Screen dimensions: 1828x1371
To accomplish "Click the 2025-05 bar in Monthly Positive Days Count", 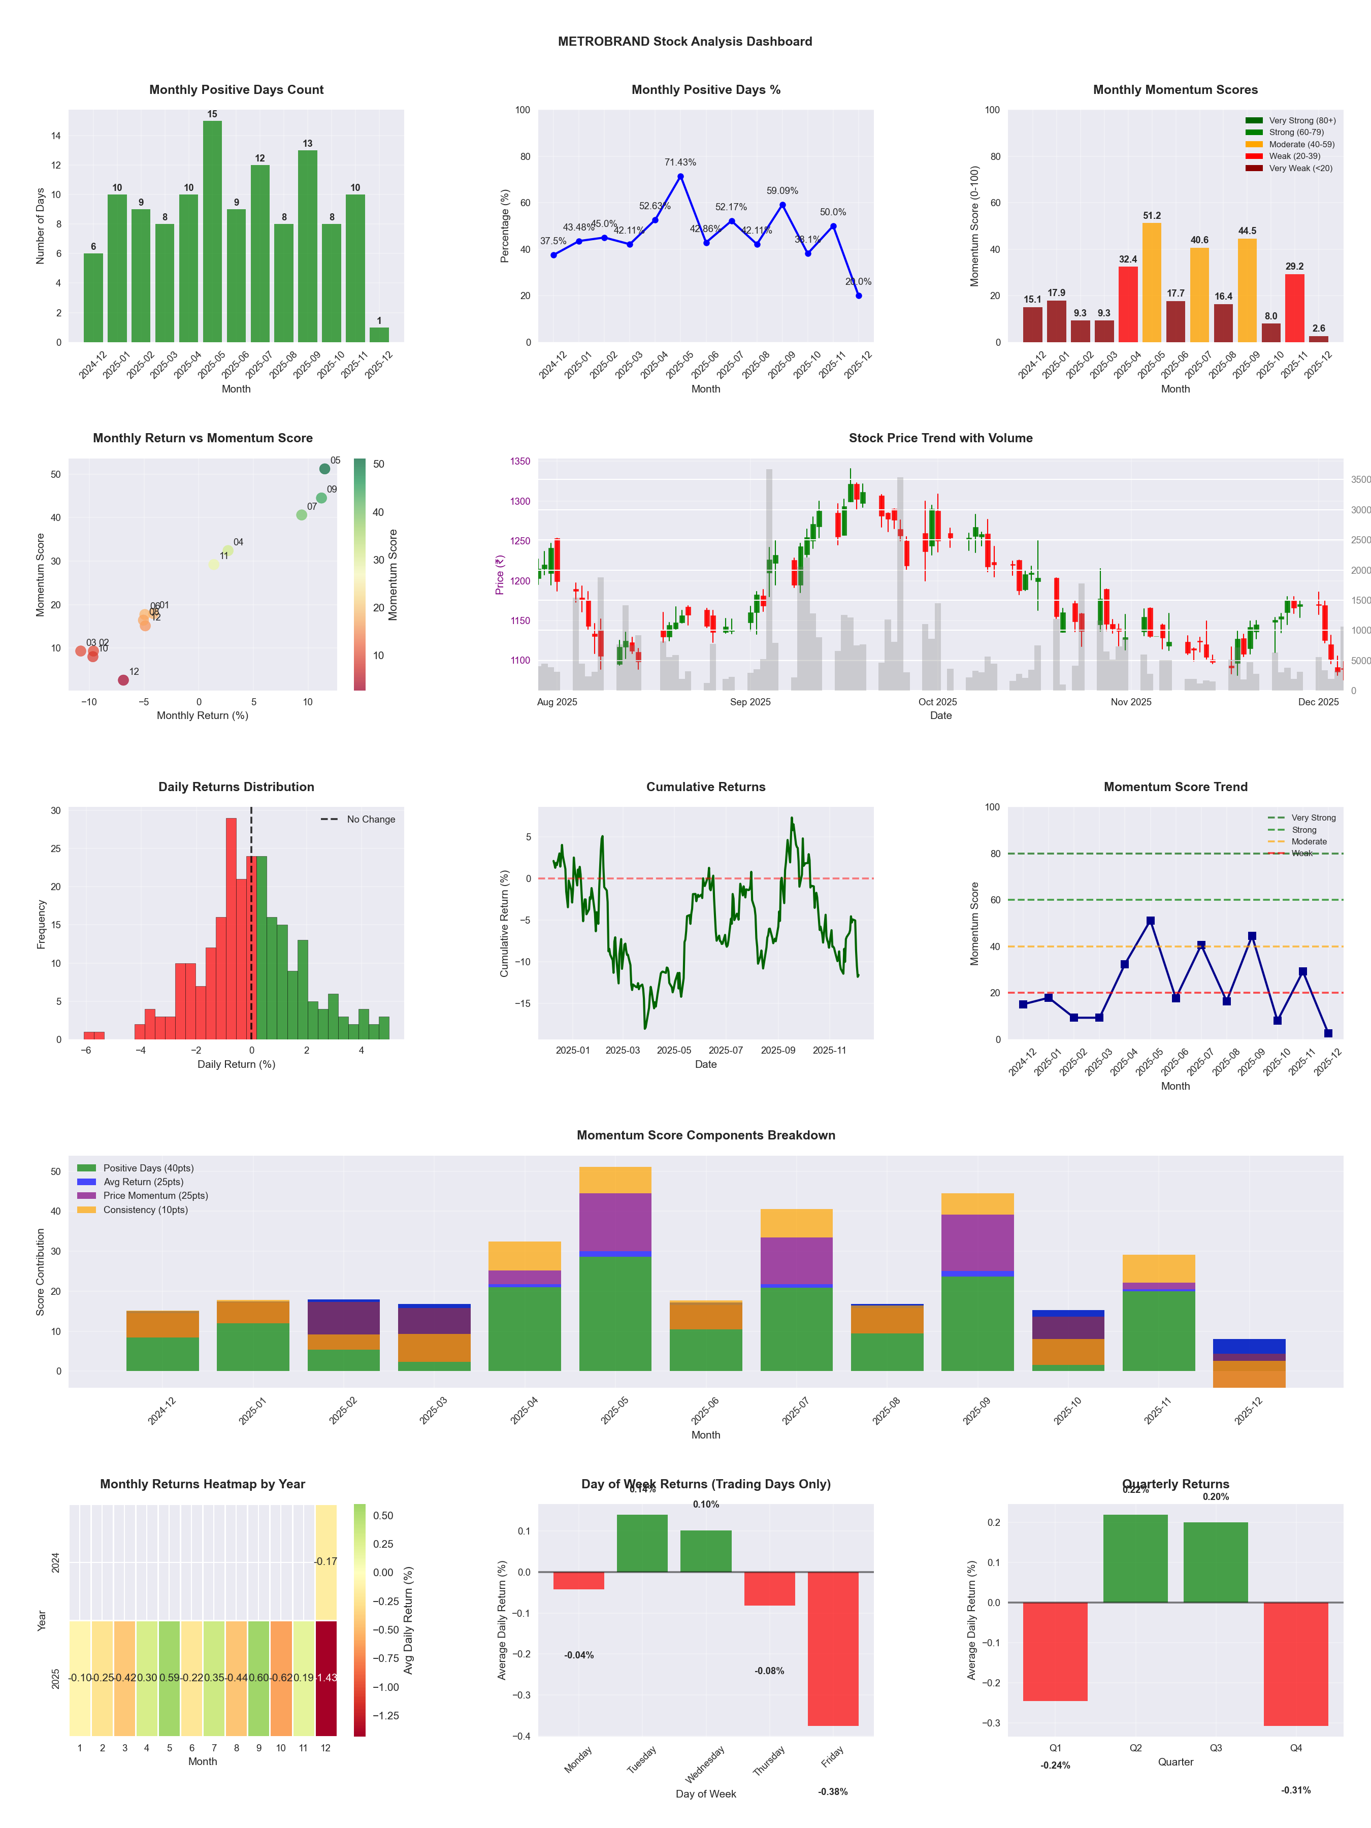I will click(x=212, y=232).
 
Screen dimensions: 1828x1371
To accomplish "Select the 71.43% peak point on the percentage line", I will click(x=680, y=176).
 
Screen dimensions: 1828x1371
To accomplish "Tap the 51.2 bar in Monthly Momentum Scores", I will click(x=1151, y=283).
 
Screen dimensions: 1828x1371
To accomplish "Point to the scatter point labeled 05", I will click(x=325, y=469).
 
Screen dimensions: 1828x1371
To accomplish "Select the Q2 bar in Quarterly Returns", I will click(x=1135, y=1558).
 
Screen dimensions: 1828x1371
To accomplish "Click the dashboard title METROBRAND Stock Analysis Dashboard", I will click(x=684, y=41).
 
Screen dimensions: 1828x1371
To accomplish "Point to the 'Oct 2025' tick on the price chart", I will click(x=937, y=702).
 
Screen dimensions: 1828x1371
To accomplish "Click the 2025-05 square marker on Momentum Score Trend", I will click(x=1150, y=921).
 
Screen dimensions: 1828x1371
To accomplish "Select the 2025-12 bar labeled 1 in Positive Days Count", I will click(x=379, y=335).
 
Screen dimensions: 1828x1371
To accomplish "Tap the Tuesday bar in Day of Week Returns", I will click(x=642, y=1543).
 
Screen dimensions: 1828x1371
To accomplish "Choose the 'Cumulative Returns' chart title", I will click(x=706, y=787).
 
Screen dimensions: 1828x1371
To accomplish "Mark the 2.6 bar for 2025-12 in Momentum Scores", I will click(x=1318, y=339).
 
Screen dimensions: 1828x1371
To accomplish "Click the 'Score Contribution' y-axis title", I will click(x=41, y=1272).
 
